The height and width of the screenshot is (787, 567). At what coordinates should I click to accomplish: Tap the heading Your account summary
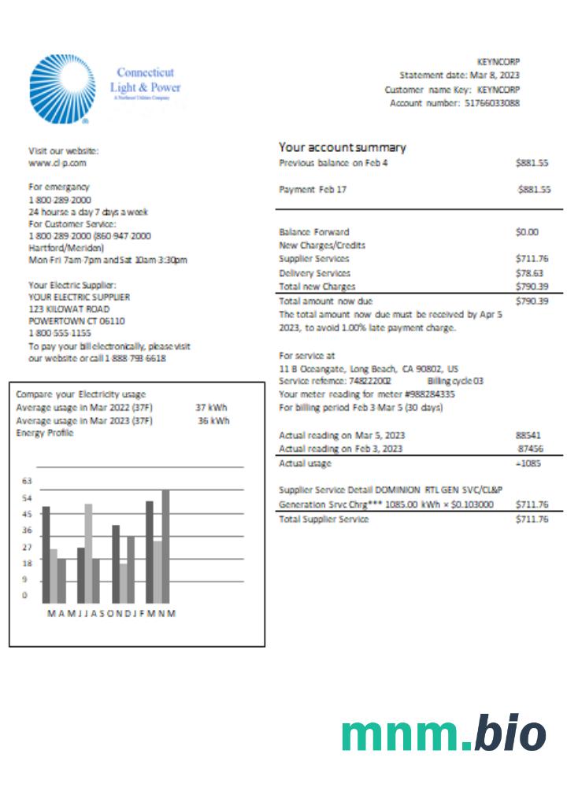(343, 147)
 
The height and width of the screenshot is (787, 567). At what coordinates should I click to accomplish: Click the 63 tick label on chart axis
(26, 480)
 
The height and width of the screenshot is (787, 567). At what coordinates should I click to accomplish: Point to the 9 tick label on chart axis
(24, 579)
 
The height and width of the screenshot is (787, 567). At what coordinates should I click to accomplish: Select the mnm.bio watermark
(443, 735)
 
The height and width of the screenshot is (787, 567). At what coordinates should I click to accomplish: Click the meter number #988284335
(432, 394)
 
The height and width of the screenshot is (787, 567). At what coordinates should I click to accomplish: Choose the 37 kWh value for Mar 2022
(212, 408)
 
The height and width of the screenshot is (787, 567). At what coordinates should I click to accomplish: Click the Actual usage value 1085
(531, 464)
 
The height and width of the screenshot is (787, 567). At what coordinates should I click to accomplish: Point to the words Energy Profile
(45, 433)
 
